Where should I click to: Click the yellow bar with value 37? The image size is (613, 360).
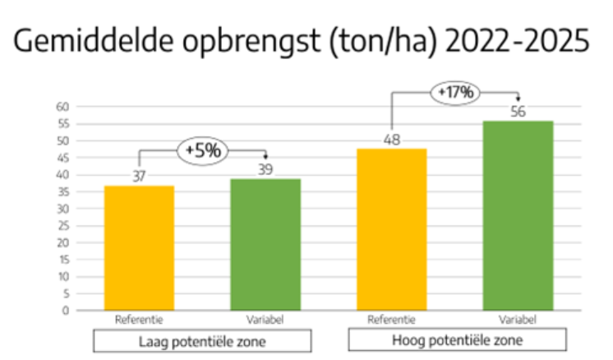[x=139, y=247]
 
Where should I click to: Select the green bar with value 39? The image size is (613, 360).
[x=265, y=244]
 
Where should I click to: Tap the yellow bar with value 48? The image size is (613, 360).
[x=391, y=229]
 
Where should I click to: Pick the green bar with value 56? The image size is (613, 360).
[x=518, y=215]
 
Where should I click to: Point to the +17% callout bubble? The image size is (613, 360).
[x=455, y=92]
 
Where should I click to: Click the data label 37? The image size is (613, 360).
[x=139, y=177]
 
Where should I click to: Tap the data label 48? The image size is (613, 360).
[x=391, y=140]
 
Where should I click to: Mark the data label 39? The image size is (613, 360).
[x=265, y=169]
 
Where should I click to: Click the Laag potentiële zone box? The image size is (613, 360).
[x=202, y=340]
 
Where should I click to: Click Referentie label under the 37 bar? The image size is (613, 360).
[x=139, y=321]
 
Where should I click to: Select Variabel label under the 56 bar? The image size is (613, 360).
[x=518, y=321]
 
